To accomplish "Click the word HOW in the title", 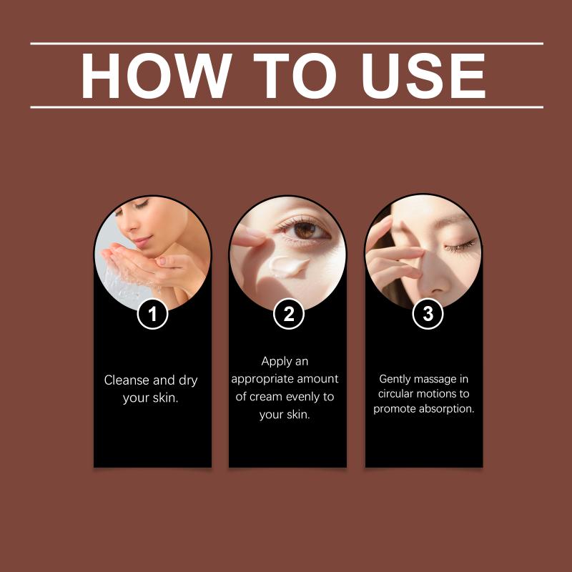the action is coord(157,76).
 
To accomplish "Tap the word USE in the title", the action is coord(423,76).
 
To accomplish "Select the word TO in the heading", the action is coord(295,76).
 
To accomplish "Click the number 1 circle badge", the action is coord(152,314).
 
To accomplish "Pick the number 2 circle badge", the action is coord(289,314).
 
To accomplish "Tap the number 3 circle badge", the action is coord(428,314).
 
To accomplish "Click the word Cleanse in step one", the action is coord(127,380).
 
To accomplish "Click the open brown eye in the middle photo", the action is coord(305,230).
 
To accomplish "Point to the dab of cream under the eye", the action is coord(288,265).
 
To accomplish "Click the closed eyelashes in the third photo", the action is coord(460,246).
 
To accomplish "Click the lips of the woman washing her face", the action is coord(142,241).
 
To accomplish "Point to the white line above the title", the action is coord(287,44).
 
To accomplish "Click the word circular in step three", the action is coord(396,394).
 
